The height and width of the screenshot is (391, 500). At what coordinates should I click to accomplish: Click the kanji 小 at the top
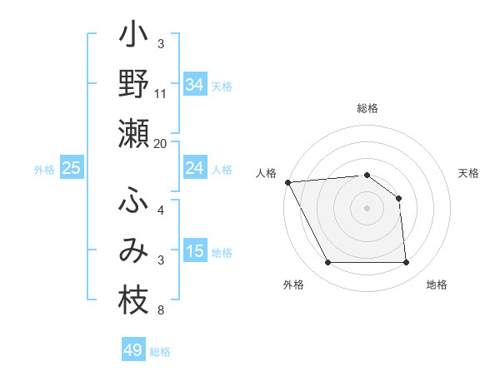[x=133, y=37]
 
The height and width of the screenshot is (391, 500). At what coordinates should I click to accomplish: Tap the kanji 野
[x=133, y=85]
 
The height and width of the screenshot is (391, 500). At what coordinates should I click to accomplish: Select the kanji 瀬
[x=133, y=134]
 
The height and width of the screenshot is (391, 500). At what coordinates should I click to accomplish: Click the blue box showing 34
[x=195, y=85]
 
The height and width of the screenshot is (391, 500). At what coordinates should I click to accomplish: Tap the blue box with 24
[x=195, y=168]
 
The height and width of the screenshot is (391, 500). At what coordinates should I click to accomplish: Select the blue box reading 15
[x=195, y=252]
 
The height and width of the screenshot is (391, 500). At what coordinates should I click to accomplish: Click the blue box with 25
[x=72, y=169]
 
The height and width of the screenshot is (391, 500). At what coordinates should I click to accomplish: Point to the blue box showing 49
[x=133, y=350]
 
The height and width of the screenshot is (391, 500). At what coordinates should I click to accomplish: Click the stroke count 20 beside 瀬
[x=160, y=144]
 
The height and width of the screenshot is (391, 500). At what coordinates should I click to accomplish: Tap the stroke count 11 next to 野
[x=161, y=92]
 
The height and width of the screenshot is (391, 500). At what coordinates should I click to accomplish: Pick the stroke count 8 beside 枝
[x=160, y=311]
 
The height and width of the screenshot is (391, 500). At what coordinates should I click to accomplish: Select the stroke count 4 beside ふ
[x=161, y=210]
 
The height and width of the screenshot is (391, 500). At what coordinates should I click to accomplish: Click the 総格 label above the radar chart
[x=367, y=109]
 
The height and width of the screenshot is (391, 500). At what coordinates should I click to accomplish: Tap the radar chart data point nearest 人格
[x=287, y=181]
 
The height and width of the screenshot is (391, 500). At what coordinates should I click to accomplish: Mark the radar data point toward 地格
[x=406, y=263]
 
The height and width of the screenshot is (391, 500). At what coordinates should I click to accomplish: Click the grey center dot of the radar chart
[x=367, y=208]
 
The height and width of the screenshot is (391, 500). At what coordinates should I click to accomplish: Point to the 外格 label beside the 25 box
[x=44, y=170]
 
